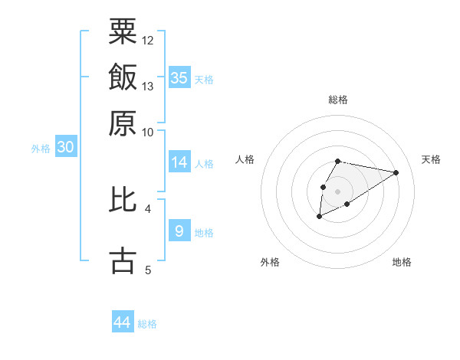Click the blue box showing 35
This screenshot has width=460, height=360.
[x=179, y=77]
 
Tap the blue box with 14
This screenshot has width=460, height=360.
[x=179, y=162]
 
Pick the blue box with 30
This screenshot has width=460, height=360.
[x=65, y=148]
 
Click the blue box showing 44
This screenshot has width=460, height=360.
[x=123, y=322]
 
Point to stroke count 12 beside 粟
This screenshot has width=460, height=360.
[x=148, y=40]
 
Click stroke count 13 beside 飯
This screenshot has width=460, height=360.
[x=148, y=86]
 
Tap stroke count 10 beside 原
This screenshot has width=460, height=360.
[x=148, y=132]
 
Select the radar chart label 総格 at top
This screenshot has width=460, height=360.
[x=337, y=100]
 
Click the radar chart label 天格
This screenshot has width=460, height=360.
[x=431, y=159]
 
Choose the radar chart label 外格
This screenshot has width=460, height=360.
[x=270, y=262]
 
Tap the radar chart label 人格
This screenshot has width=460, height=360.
[x=245, y=159]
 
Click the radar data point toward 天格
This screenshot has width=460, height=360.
[x=396, y=172]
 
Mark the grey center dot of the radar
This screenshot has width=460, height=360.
[x=337, y=190]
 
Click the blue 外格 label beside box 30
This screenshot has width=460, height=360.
[x=40, y=149]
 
